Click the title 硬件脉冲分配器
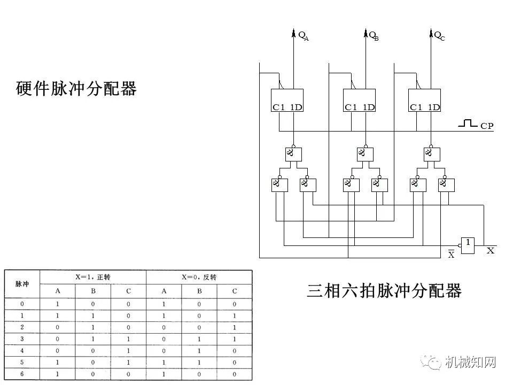[x=76, y=88]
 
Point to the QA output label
[x=303, y=36]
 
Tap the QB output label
[x=374, y=36]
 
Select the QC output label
[x=439, y=36]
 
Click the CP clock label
[x=487, y=126]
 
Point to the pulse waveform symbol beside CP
[x=468, y=124]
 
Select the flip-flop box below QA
[x=287, y=100]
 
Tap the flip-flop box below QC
[x=424, y=100]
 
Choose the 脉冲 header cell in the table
[x=22, y=284]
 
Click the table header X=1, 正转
[x=94, y=277]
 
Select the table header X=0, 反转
[x=199, y=277]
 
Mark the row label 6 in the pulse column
[x=22, y=373]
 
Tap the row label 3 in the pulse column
[x=22, y=338]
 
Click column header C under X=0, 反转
[x=234, y=291]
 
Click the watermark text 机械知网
[x=470, y=363]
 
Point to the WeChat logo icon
[x=431, y=363]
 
